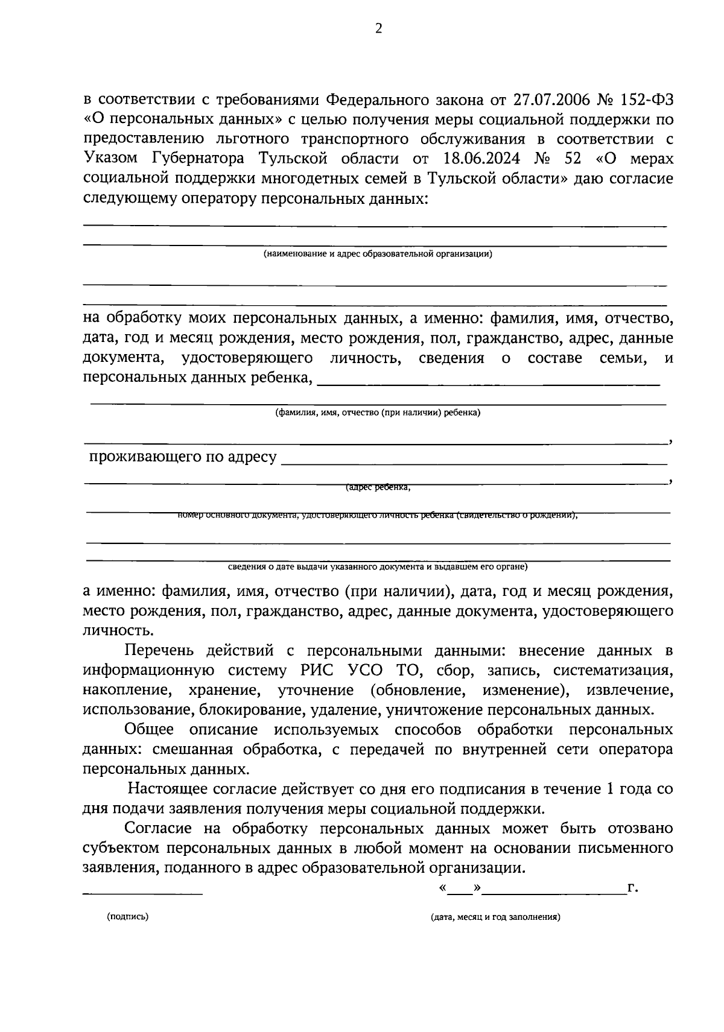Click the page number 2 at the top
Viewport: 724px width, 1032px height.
(378, 29)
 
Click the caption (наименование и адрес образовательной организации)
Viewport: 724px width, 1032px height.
(378, 254)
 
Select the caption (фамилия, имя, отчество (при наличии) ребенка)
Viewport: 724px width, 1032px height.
(378, 413)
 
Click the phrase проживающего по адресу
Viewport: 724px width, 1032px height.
(183, 457)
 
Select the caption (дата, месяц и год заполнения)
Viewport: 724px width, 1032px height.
(495, 917)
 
